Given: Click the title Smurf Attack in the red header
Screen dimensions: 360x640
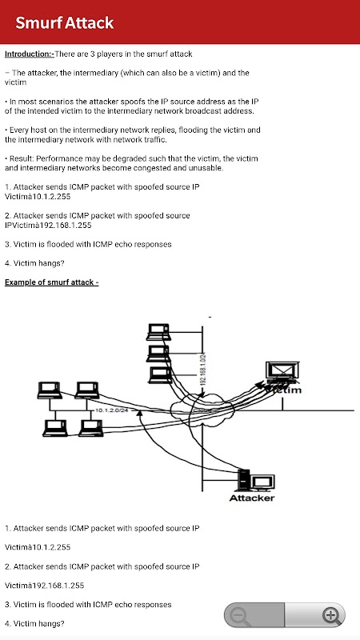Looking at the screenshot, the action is tap(65, 23).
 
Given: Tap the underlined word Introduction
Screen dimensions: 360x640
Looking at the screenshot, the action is tap(28, 54).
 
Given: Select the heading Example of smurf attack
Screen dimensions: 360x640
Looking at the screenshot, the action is tap(52, 282).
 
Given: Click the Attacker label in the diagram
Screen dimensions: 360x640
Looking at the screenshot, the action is tap(252, 498).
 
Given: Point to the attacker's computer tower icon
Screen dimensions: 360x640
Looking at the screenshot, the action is tap(243, 480).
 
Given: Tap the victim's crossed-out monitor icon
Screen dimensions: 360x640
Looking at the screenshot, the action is tap(282, 371).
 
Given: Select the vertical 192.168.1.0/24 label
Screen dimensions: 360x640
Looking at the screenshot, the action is tap(202, 369).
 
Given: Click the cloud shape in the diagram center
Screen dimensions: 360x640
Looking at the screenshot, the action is tap(202, 408).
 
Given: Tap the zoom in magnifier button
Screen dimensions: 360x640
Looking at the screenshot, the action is tap(330, 615).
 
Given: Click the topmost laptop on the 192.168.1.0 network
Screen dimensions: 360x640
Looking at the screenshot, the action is tap(158, 332).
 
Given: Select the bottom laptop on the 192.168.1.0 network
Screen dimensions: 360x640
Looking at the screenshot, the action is tap(160, 375).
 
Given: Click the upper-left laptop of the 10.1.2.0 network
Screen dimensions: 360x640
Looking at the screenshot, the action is tap(50, 390).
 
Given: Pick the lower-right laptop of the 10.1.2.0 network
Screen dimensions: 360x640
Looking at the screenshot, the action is tap(91, 428).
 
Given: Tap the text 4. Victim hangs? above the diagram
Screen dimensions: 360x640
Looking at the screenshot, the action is tap(34, 263).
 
